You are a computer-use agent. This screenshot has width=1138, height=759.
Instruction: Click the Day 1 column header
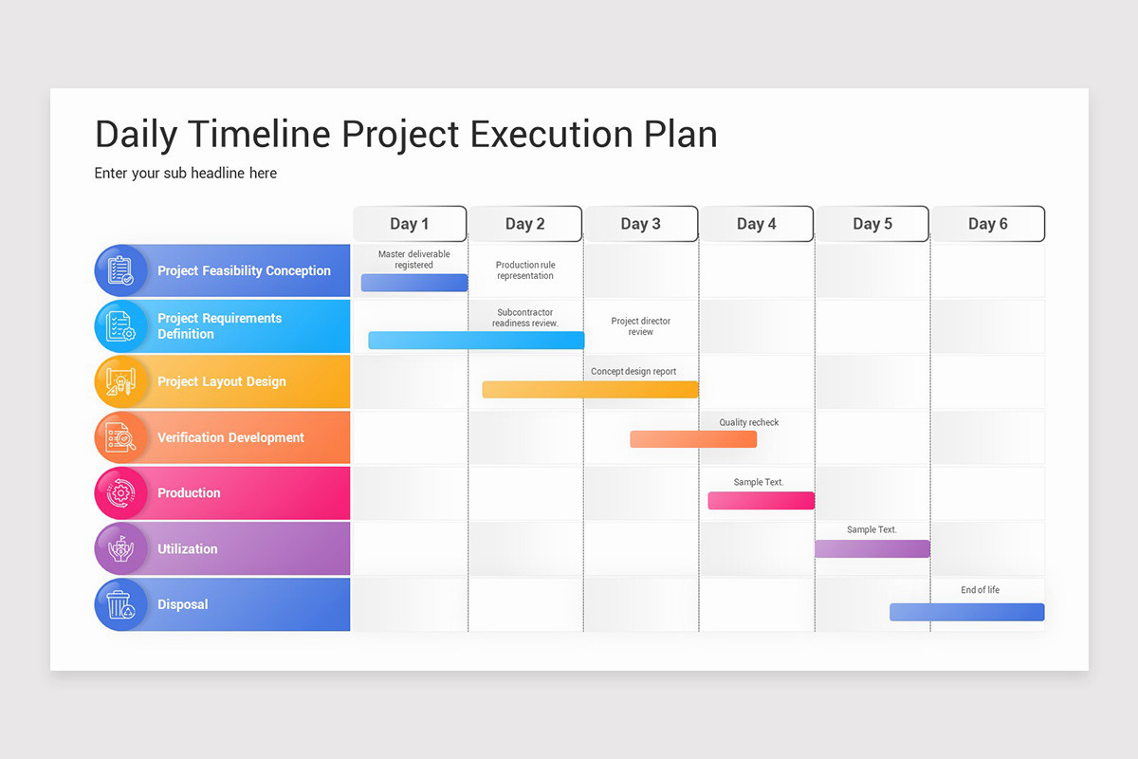click(410, 224)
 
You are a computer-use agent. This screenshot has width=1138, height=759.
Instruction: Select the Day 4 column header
click(757, 224)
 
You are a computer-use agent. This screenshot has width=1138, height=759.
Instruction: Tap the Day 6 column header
click(988, 224)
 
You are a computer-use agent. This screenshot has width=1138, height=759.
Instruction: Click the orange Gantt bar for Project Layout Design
click(590, 389)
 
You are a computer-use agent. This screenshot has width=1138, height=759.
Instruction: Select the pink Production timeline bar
click(761, 500)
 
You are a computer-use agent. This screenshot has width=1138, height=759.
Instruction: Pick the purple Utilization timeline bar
click(872, 548)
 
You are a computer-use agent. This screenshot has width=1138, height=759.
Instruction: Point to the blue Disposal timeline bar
click(966, 612)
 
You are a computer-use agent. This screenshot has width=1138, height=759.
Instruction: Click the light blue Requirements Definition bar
click(476, 340)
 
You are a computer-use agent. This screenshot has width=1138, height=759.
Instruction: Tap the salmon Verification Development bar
click(693, 439)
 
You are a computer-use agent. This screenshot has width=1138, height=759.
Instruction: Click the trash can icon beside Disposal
click(120, 604)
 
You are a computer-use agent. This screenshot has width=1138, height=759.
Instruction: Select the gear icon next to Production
click(121, 493)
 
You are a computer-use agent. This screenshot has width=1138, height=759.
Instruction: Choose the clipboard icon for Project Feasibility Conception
click(120, 270)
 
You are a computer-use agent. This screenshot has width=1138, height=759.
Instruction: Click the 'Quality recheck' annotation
click(749, 422)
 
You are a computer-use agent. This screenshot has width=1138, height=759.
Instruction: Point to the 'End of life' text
click(980, 590)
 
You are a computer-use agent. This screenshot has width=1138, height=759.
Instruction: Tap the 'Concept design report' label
click(633, 372)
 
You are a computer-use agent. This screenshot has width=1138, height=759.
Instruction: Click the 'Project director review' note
click(641, 326)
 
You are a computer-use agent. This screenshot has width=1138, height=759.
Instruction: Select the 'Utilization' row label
click(188, 549)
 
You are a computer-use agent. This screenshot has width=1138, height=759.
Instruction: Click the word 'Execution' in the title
click(552, 134)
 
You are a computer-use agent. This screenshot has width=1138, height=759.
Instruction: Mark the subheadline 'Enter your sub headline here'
click(186, 174)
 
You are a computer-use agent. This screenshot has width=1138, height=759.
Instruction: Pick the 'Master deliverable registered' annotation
click(414, 259)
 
